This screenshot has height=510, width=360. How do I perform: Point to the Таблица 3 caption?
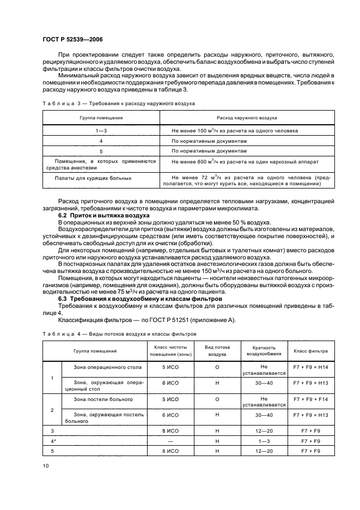click(x=118, y=103)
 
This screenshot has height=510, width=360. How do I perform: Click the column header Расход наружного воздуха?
click(x=247, y=118)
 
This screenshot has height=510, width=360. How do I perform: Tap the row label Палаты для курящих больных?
click(x=93, y=178)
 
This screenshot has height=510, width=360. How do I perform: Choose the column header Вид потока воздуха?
click(x=217, y=350)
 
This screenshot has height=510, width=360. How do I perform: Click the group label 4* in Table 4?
click(x=53, y=440)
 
